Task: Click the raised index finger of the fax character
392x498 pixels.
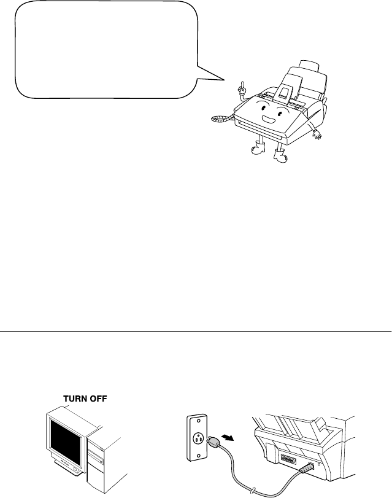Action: (242, 85)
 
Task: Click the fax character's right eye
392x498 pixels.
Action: (280, 112)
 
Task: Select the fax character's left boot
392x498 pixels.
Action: (258, 148)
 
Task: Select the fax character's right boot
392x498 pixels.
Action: (280, 156)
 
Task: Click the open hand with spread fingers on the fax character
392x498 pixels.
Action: (317, 135)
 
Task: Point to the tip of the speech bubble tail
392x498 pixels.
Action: (224, 79)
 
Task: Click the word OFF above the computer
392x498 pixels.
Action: (98, 399)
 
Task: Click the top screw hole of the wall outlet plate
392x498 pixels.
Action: (199, 420)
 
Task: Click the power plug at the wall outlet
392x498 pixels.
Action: (212, 441)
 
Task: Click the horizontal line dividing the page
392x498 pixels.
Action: (196, 330)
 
